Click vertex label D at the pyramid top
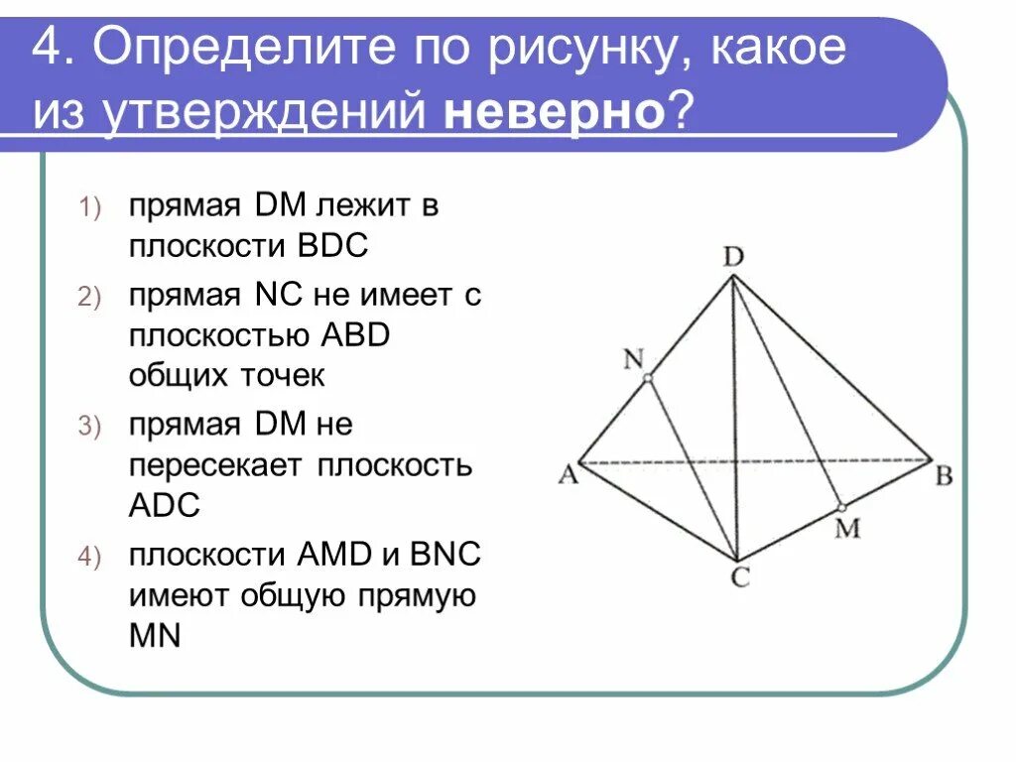pos(733,257)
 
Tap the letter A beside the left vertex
pos(568,475)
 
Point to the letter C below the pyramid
pos(740,577)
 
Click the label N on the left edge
pos(633,358)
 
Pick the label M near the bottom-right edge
pos(846,528)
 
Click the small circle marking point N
pos(647,378)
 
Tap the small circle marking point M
pos(840,507)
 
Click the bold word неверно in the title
pos(554,114)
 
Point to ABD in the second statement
pos(354,336)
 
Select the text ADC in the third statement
pos(164,505)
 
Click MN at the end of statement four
pos(155,635)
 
